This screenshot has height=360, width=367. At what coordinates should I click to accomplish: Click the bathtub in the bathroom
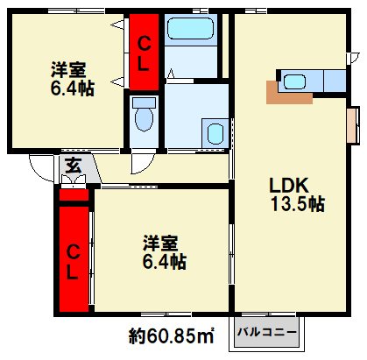pos(191,29)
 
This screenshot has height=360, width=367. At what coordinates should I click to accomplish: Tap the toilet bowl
pos(145,120)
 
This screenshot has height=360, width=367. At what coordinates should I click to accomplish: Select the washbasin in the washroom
pos(215,134)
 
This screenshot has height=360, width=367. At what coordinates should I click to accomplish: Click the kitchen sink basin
pos(294,82)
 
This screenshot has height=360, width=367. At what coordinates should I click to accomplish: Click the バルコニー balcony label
pos(267,332)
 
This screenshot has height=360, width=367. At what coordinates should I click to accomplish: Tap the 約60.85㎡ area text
pos(172,336)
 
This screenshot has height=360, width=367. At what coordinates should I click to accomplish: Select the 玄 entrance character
pos(73,166)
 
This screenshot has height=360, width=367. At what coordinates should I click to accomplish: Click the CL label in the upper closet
pos(144,54)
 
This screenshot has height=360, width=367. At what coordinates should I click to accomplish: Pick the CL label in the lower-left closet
pos(73,262)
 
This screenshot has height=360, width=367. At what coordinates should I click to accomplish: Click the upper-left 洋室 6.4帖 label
pos(73,79)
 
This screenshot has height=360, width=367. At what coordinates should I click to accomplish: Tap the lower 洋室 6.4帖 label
pos(165,251)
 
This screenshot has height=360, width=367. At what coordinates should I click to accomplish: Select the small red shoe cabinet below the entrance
pos(74,195)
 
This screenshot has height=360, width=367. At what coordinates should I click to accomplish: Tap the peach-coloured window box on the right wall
pos(353,125)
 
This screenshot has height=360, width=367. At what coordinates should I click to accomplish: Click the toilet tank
pos(144,102)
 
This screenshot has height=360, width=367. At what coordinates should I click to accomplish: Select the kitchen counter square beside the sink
pos(335,81)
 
